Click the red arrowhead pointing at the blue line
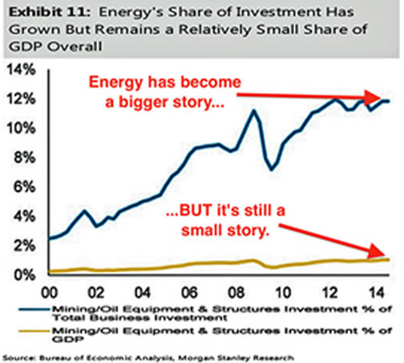[x=381, y=98]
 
